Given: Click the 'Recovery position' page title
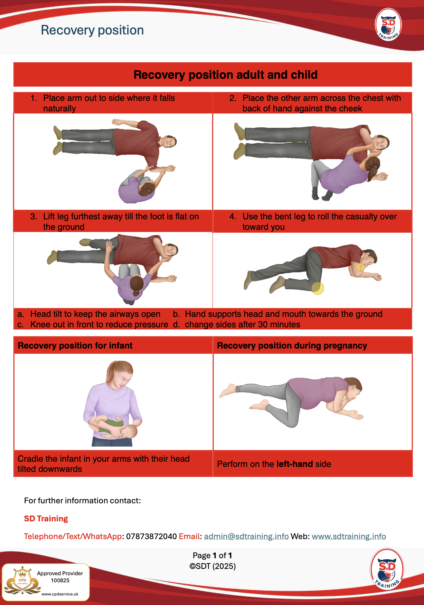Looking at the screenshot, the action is click(x=92, y=30).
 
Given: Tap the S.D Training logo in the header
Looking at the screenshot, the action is click(x=388, y=25).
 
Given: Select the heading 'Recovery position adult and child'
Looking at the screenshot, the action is click(x=226, y=75).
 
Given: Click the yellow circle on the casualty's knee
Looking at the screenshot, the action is click(x=318, y=288).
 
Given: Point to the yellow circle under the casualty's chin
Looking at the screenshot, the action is click(x=361, y=267).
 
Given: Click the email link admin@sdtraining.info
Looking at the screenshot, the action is click(x=246, y=536).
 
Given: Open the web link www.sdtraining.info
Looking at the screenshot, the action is click(x=349, y=536).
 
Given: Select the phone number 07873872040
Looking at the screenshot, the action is click(x=151, y=536).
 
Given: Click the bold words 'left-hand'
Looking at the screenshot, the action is click(x=295, y=464).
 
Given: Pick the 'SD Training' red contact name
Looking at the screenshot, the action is click(x=46, y=518).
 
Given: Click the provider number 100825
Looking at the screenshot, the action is click(x=60, y=580).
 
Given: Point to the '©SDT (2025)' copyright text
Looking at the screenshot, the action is click(x=213, y=566).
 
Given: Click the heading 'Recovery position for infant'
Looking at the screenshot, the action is click(x=75, y=345).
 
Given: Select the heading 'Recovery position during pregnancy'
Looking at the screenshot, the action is click(x=292, y=345).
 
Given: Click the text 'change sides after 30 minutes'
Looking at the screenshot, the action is click(x=242, y=324).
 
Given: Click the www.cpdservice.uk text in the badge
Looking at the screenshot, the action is click(x=60, y=594).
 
